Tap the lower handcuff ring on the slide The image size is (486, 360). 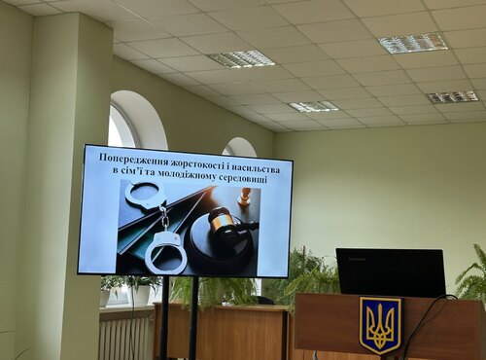coord(165,250)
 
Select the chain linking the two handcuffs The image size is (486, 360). coord(163,219)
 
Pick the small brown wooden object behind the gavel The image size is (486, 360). coord(245,197)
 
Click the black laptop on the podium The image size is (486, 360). coord(390,272)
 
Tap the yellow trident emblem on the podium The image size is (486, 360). coord(379,324)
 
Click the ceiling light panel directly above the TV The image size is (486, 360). coord(240,59)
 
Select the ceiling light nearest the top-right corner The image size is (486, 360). coord(412,43)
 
